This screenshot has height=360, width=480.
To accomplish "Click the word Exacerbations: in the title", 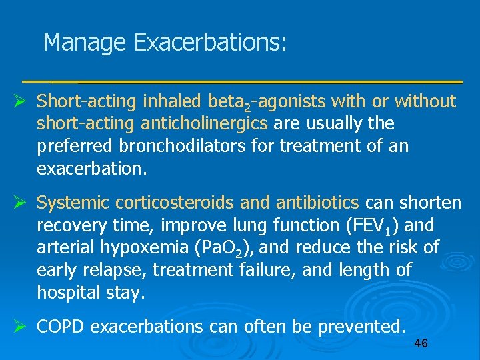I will click(x=210, y=43).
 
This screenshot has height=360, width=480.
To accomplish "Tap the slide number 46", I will click(x=421, y=343).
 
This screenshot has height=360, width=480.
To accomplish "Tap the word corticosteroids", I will click(x=186, y=202).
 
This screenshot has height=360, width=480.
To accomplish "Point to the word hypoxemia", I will click(x=148, y=247).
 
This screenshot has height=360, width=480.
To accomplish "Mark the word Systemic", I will click(x=73, y=202).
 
